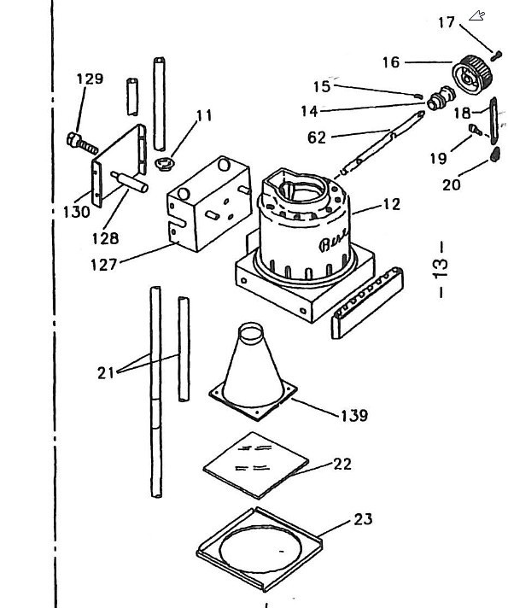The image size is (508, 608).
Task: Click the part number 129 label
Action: coord(90,79)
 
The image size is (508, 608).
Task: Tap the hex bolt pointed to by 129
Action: coord(82,143)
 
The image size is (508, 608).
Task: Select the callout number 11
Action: coord(204,115)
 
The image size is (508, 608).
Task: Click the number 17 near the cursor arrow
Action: coord(446,22)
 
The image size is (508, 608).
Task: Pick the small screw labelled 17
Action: coord(495,56)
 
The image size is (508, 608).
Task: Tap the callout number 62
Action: coord(317,137)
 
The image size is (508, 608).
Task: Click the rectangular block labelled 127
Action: coord(208,204)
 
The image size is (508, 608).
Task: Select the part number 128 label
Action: coord(105,238)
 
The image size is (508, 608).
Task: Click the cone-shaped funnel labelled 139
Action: coord(253,371)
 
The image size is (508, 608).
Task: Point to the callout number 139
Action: coord(354,415)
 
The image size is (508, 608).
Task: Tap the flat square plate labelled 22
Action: coord(256,465)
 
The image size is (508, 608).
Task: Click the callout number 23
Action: coord(364,519)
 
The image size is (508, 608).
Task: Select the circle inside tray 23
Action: coord(260,549)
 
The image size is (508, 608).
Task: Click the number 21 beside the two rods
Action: coord(106,373)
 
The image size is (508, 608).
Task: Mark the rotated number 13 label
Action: coord(441,269)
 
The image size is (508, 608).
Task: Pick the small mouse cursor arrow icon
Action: coord(477,15)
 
